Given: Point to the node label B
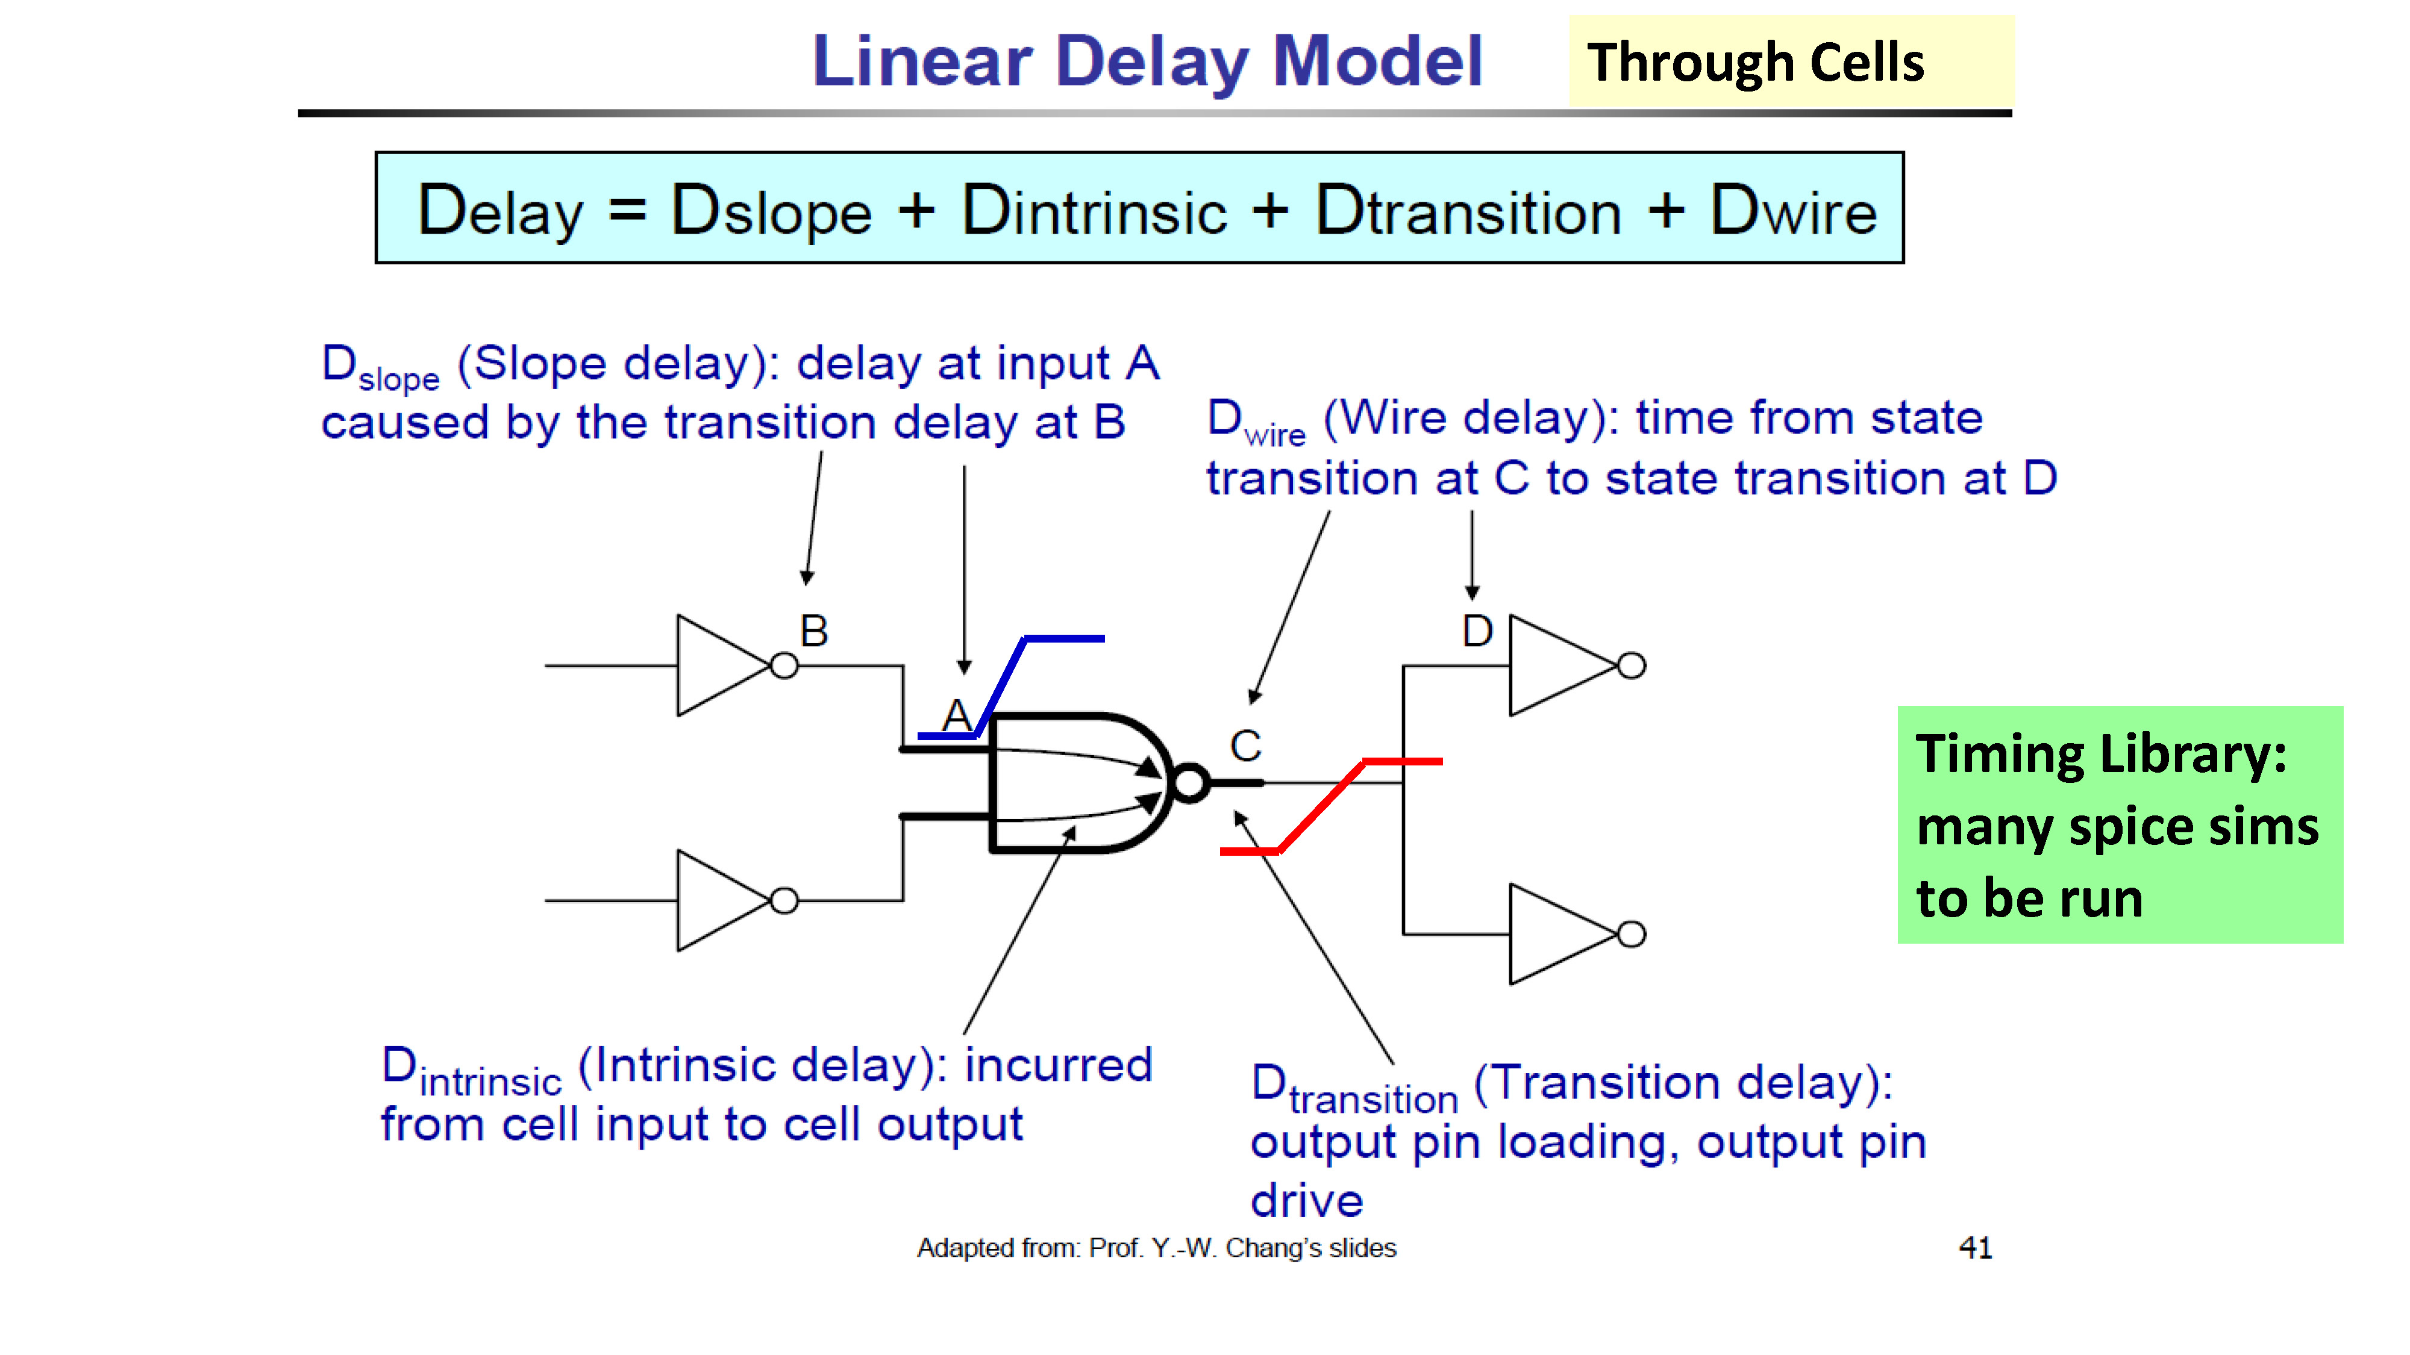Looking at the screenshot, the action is tap(814, 631).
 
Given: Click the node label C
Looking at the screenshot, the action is tap(1245, 746).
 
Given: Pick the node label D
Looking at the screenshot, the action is tap(1477, 631).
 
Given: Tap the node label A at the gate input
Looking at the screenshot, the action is tap(956, 716).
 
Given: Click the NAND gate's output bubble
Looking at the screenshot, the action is tap(1190, 783).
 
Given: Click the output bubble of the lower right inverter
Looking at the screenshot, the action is tap(1632, 934).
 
